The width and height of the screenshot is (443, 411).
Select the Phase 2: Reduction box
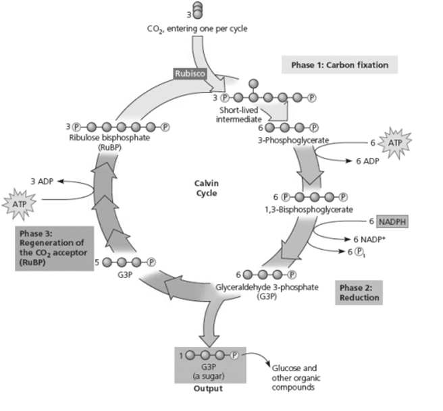click(358, 291)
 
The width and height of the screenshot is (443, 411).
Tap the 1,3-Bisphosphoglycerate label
click(309, 209)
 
